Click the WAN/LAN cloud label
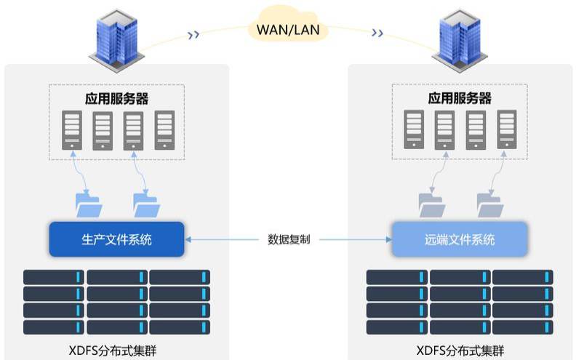click(x=288, y=29)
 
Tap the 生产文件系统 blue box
click(x=117, y=239)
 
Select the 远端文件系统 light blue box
click(x=460, y=239)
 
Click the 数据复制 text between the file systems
click(x=289, y=239)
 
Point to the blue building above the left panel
click(x=116, y=41)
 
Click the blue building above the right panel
click(x=460, y=41)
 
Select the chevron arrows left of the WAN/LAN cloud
click(x=193, y=35)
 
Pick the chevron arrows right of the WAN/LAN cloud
click(x=377, y=33)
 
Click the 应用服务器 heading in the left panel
click(x=117, y=98)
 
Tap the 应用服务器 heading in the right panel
click(x=460, y=98)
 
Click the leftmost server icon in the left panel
click(x=72, y=130)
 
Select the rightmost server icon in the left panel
click(x=164, y=130)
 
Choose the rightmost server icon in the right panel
click(x=507, y=129)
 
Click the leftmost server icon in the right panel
click(x=414, y=129)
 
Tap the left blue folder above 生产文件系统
click(x=89, y=205)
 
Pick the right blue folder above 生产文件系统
click(x=147, y=205)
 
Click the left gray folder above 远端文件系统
click(x=431, y=205)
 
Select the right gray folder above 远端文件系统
click(x=490, y=205)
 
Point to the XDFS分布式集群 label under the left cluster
click(x=113, y=351)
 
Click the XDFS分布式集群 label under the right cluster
click(x=460, y=351)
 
